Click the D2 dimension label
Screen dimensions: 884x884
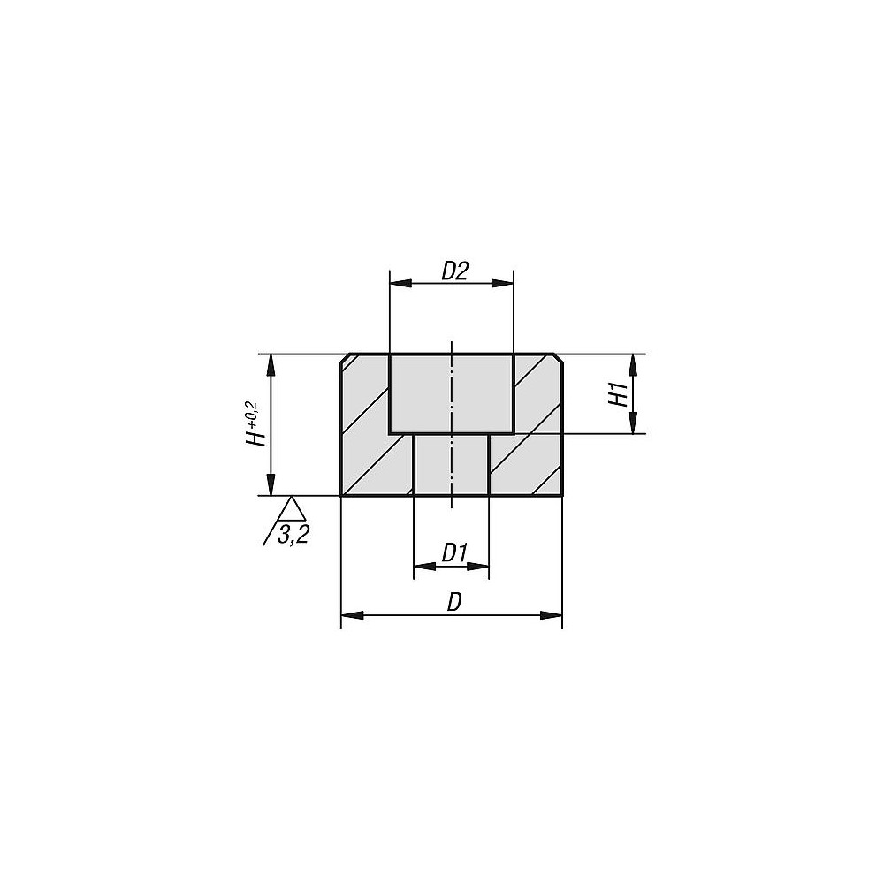[x=455, y=271]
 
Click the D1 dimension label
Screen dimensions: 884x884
[x=454, y=553]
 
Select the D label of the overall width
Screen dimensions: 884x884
[x=454, y=603]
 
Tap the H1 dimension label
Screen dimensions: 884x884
[x=619, y=394]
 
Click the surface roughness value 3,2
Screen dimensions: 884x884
[x=293, y=534]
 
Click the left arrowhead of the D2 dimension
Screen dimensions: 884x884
[x=400, y=283]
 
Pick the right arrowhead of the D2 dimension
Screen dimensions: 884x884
[x=503, y=283]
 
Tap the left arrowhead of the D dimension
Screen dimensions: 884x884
[x=353, y=615]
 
